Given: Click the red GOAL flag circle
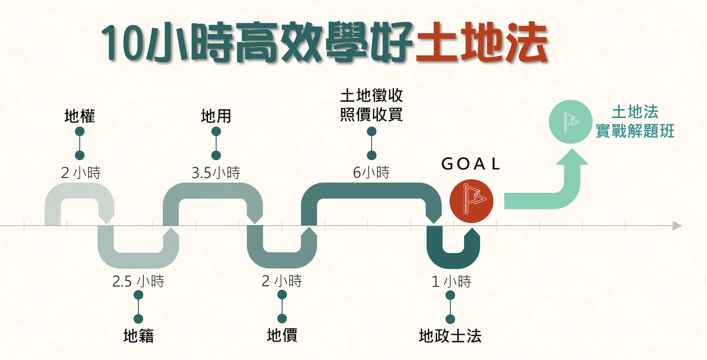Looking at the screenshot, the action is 471,201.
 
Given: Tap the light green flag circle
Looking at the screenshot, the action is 570,122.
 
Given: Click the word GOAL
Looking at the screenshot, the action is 471,164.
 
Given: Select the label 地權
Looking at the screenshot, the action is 80,116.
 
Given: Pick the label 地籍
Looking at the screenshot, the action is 138,336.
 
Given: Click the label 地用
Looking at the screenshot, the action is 216,116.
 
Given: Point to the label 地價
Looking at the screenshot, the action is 282,335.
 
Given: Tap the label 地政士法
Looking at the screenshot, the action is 450,336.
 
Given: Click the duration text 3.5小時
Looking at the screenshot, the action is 216,173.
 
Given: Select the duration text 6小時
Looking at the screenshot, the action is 371,172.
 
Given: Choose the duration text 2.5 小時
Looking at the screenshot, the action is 138,281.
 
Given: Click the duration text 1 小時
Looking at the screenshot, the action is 451,282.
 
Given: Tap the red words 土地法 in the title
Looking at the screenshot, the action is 482,42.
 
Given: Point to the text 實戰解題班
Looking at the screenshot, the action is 635,131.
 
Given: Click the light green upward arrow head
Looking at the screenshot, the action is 572,157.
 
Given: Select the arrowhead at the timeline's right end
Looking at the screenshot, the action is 677,226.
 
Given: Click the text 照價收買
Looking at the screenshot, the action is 371,114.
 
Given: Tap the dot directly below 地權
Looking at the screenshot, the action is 80,131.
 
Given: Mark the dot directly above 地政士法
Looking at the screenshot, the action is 450,319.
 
